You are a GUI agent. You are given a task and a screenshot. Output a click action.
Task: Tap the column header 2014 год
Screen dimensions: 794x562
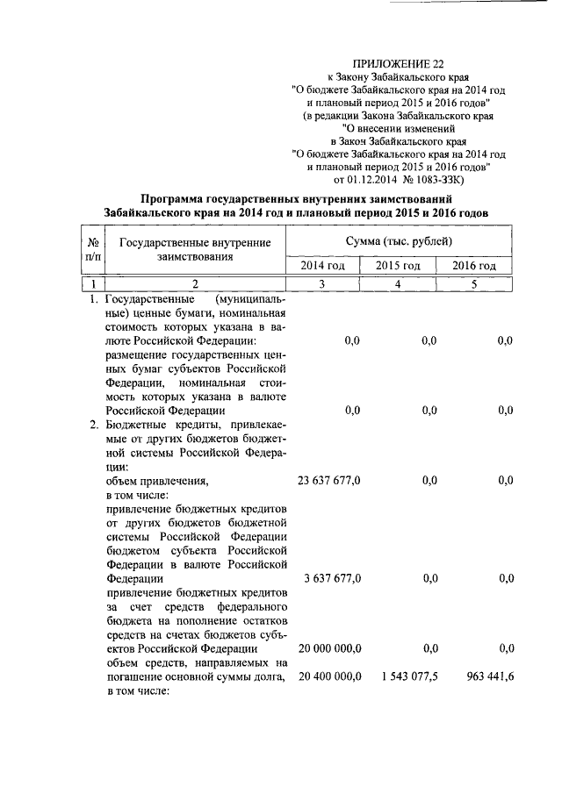pos(324,266)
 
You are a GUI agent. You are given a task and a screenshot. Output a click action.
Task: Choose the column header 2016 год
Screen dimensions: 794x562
pos(474,266)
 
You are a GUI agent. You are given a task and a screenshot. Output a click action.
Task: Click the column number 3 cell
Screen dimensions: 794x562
pos(324,283)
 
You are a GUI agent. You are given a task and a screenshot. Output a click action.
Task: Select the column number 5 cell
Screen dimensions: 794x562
pos(474,283)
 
